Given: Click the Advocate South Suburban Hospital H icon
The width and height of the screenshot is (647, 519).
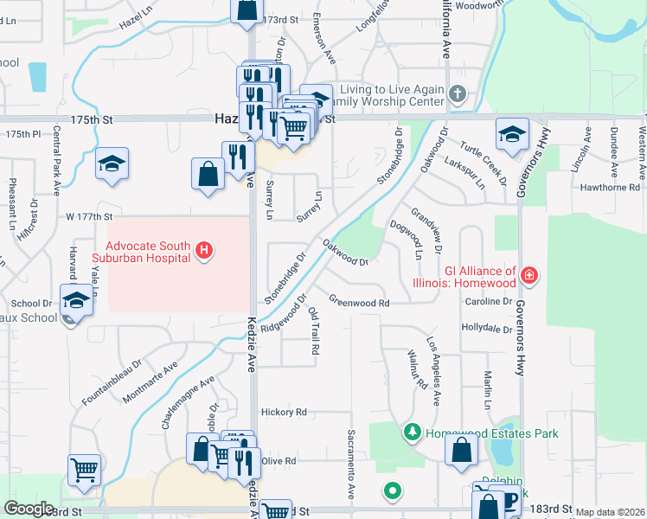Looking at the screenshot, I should (x=204, y=252).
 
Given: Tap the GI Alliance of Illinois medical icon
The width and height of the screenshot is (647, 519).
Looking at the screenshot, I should (x=529, y=277).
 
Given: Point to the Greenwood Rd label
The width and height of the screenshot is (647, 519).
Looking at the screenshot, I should (x=359, y=303).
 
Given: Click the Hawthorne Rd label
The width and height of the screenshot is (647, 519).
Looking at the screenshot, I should (x=610, y=187).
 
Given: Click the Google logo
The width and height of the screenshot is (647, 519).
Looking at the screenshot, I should (x=29, y=509).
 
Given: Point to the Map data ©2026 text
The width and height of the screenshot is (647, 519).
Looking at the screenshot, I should (x=610, y=512).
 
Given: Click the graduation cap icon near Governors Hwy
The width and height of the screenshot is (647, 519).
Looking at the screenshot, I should (x=511, y=134).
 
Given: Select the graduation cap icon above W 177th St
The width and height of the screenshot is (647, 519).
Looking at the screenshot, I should (x=112, y=163).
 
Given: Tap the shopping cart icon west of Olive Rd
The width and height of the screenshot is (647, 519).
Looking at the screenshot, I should (x=85, y=471).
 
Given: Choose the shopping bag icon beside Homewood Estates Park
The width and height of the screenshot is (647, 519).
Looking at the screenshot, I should (x=461, y=449).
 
